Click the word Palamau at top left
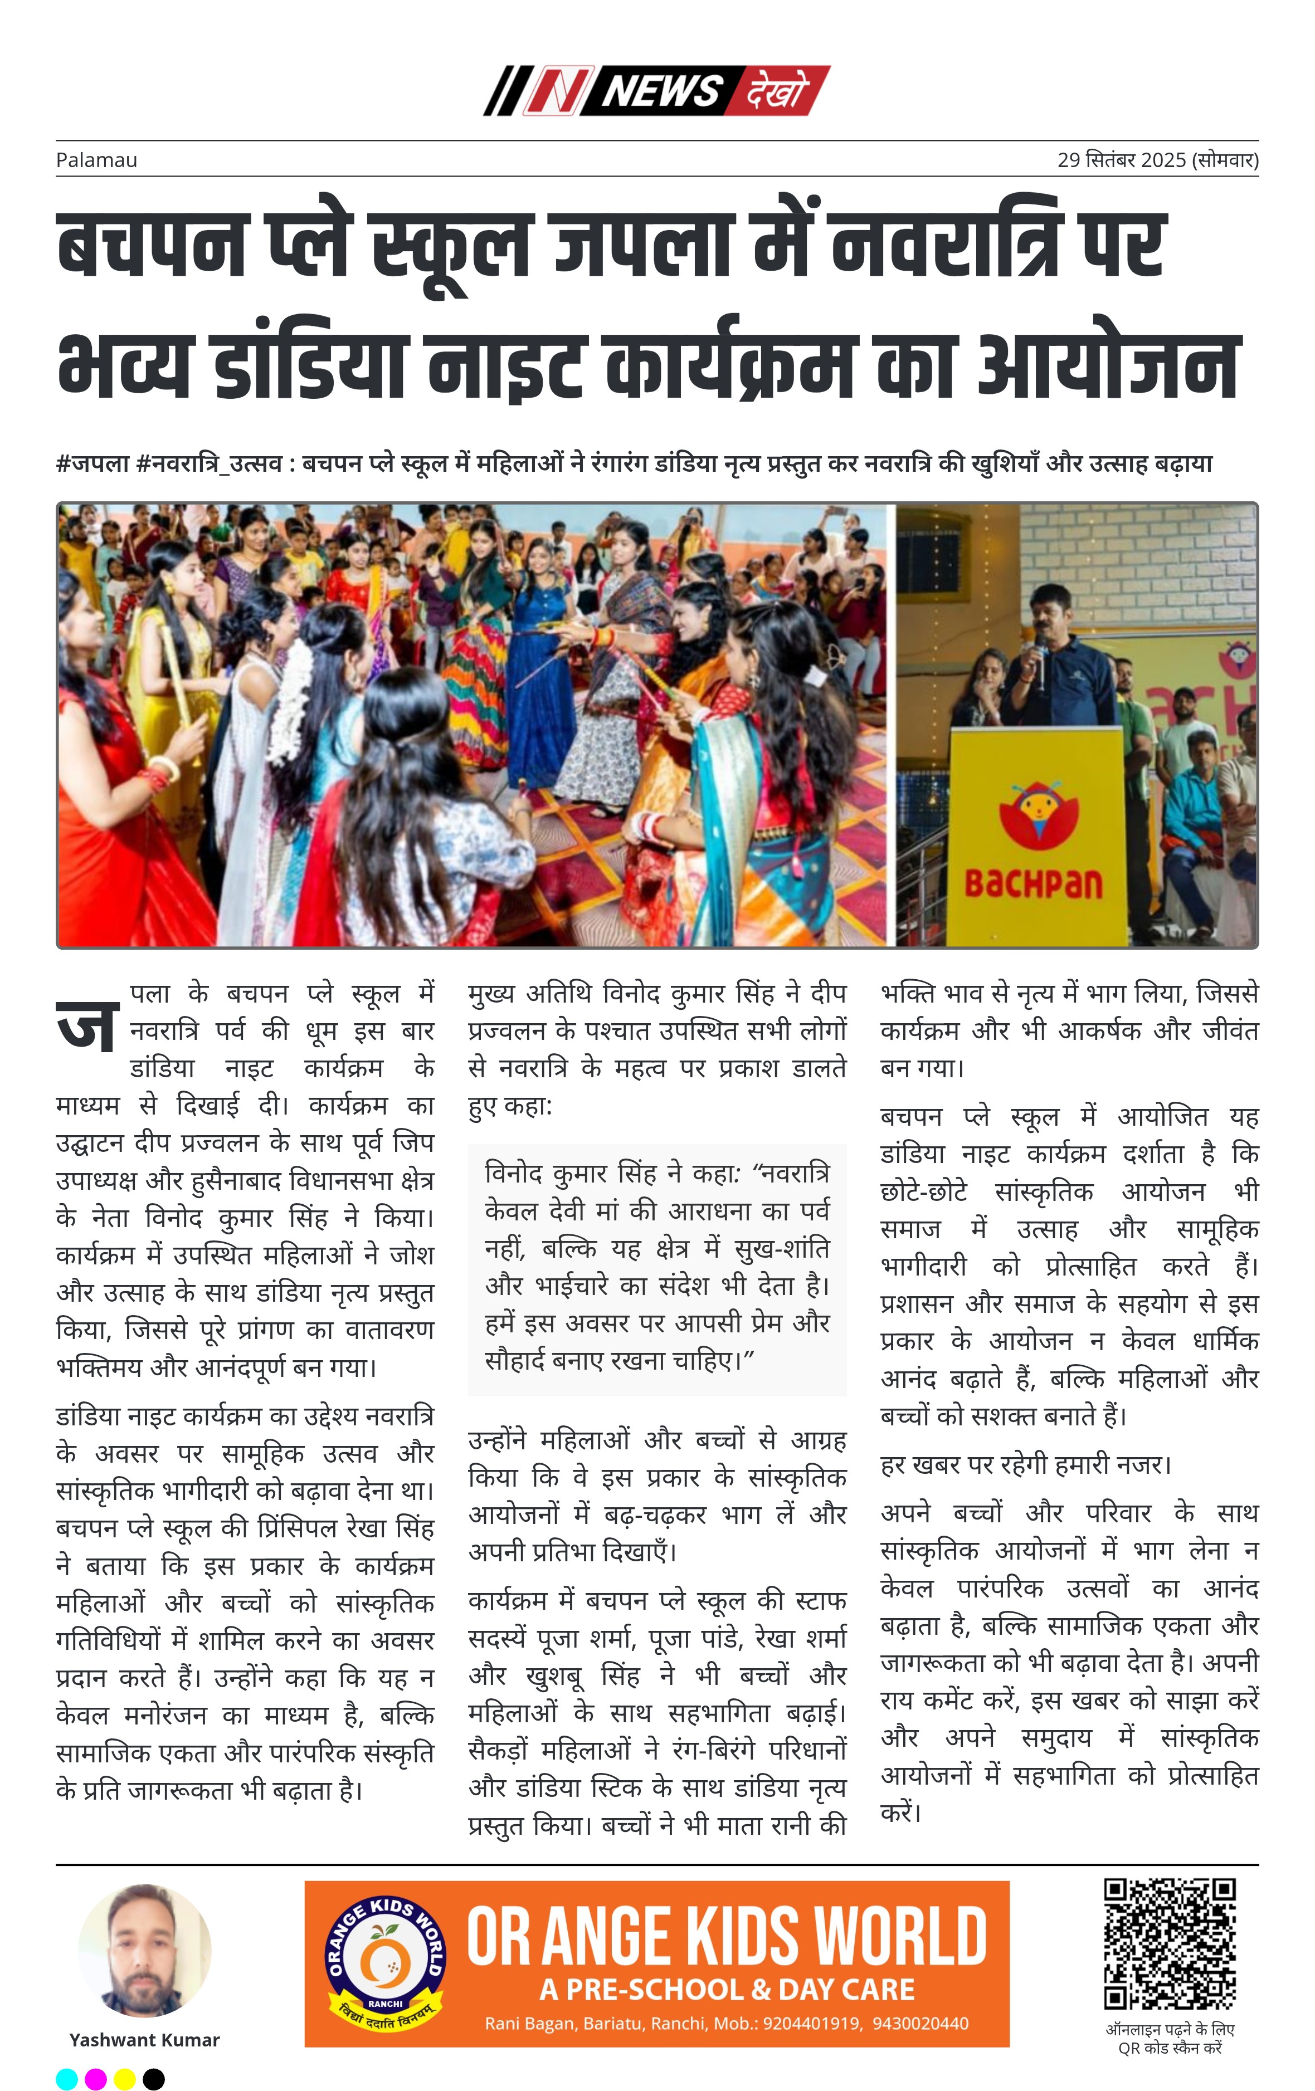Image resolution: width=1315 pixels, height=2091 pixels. (96, 160)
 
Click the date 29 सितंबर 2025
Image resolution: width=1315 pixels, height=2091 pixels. (1121, 160)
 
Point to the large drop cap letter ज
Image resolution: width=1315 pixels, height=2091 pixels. (87, 1025)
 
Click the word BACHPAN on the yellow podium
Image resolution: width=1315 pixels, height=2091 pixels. (1034, 884)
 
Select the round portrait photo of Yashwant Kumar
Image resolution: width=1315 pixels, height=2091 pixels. (144, 1950)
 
